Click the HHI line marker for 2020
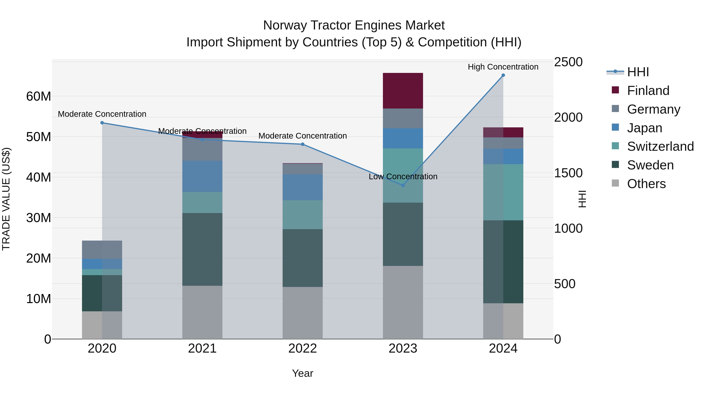(102, 123)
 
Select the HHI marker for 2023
(403, 185)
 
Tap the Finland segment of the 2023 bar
(403, 91)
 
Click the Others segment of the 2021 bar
(202, 312)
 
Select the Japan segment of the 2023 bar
(403, 138)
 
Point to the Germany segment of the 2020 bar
(102, 250)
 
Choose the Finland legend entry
(648, 91)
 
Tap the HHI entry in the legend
(638, 72)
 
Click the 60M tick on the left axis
(39, 97)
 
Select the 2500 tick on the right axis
(568, 62)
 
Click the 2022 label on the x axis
(303, 348)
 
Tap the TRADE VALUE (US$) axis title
(6, 199)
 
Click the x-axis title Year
(303, 373)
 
